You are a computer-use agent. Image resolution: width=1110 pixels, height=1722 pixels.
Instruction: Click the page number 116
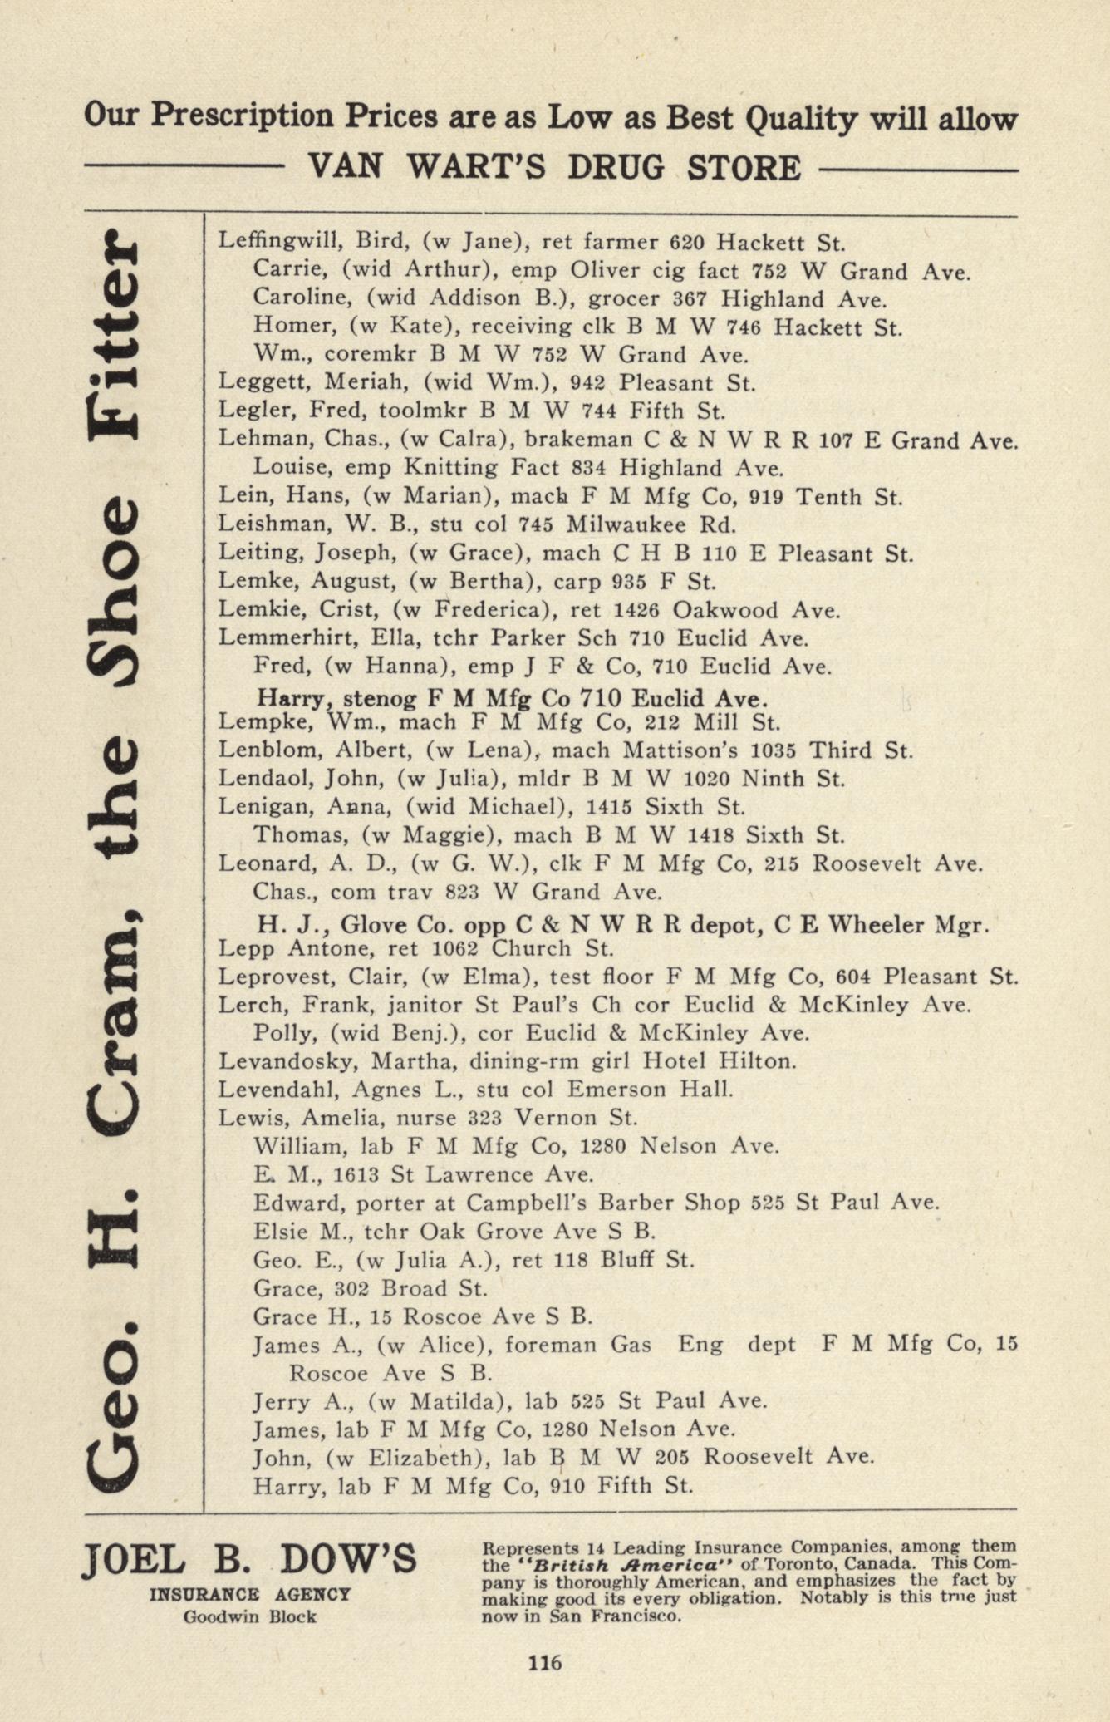click(x=545, y=1662)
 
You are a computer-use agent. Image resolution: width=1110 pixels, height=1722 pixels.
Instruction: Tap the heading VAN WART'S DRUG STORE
click(x=554, y=168)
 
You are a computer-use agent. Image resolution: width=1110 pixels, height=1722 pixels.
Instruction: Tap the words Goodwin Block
click(x=250, y=1616)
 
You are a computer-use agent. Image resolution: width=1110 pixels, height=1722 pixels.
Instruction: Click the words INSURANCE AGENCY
click(x=250, y=1594)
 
